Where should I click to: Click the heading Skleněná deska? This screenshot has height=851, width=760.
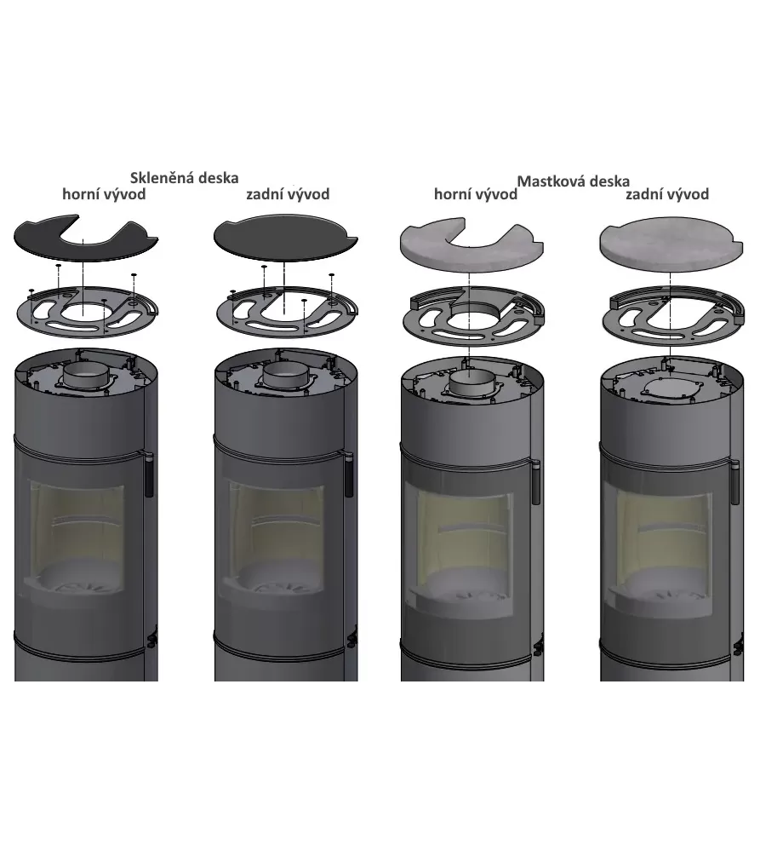click(x=185, y=178)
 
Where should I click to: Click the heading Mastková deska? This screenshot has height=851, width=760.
click(x=573, y=181)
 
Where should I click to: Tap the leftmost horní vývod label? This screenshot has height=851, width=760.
click(x=104, y=194)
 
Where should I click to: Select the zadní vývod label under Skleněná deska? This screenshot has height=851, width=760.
click(x=288, y=194)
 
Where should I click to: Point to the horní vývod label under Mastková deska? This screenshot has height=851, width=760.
click(x=476, y=194)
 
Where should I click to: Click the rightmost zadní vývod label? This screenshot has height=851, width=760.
click(x=667, y=194)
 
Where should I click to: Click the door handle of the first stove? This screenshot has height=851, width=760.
click(x=148, y=474)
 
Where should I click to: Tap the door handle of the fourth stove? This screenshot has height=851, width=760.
click(x=734, y=482)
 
